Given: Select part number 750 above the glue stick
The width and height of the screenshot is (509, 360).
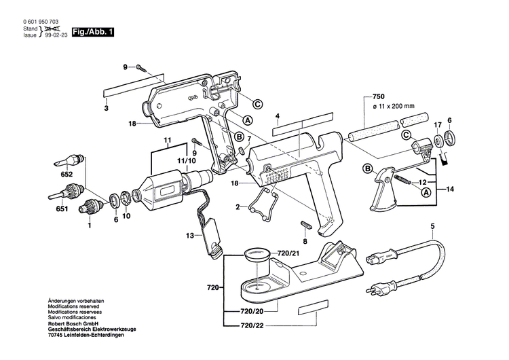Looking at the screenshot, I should tap(379, 96).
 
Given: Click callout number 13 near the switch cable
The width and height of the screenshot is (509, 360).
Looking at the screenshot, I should tap(189, 235).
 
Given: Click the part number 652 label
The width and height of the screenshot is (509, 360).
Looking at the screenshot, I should tap(67, 175).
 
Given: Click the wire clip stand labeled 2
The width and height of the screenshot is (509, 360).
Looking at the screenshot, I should tap(264, 203).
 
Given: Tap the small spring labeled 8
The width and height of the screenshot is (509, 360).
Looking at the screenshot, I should tap(305, 225).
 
